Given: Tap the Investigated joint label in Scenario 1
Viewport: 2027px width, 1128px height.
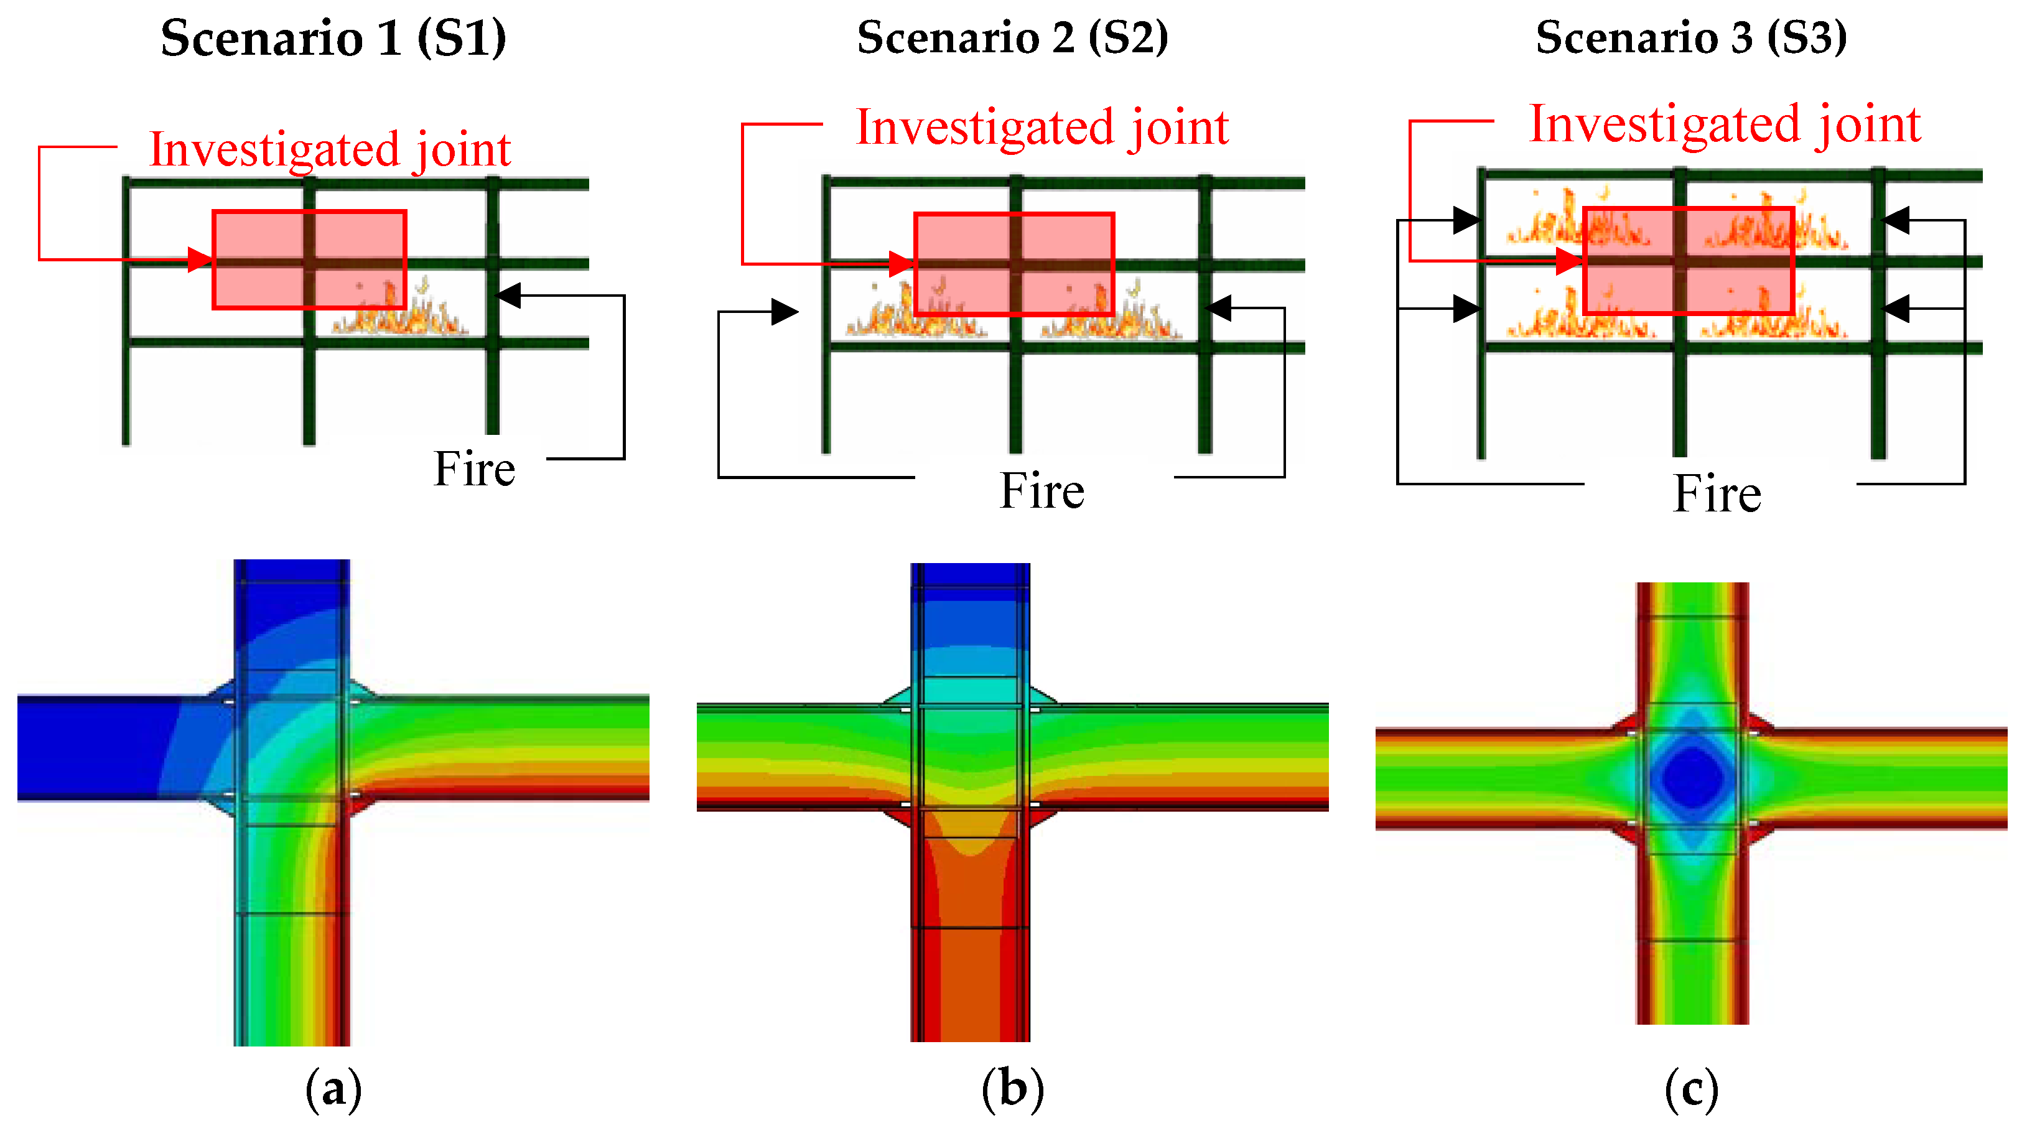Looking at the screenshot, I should tap(330, 149).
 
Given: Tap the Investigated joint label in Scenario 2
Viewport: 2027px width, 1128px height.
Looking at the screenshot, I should tap(1042, 127).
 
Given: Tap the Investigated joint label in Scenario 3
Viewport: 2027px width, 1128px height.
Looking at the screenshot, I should tap(1724, 124).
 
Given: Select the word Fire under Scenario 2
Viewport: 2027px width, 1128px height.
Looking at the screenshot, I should tap(1042, 491).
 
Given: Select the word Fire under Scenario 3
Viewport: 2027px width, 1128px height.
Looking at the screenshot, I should tap(1717, 495).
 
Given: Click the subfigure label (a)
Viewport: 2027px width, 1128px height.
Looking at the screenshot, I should tap(333, 1089).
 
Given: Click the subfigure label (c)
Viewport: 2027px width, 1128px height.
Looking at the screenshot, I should tap(1691, 1089).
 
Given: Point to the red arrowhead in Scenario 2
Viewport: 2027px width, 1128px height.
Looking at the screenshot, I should tap(901, 264).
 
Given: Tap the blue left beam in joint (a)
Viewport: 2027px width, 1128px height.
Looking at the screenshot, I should tap(95, 748).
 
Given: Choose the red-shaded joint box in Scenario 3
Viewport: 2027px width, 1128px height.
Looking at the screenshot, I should tap(1688, 261).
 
